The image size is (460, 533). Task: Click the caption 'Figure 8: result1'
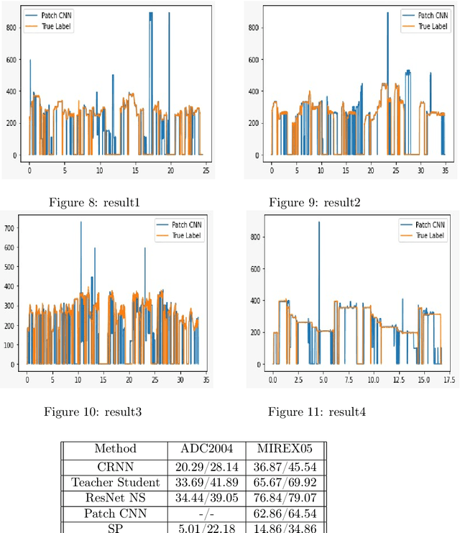coord(94,203)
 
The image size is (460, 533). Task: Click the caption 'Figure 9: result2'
coord(315,203)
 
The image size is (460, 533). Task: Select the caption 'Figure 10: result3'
coord(93,411)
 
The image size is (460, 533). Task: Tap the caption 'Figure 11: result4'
coord(317,411)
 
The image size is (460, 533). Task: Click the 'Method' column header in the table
coord(115,449)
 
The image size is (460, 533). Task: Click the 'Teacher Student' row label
coord(115,482)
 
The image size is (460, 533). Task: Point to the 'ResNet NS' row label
coord(115,498)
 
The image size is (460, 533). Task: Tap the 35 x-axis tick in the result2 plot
coord(443,171)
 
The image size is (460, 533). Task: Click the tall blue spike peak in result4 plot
coord(319,223)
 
